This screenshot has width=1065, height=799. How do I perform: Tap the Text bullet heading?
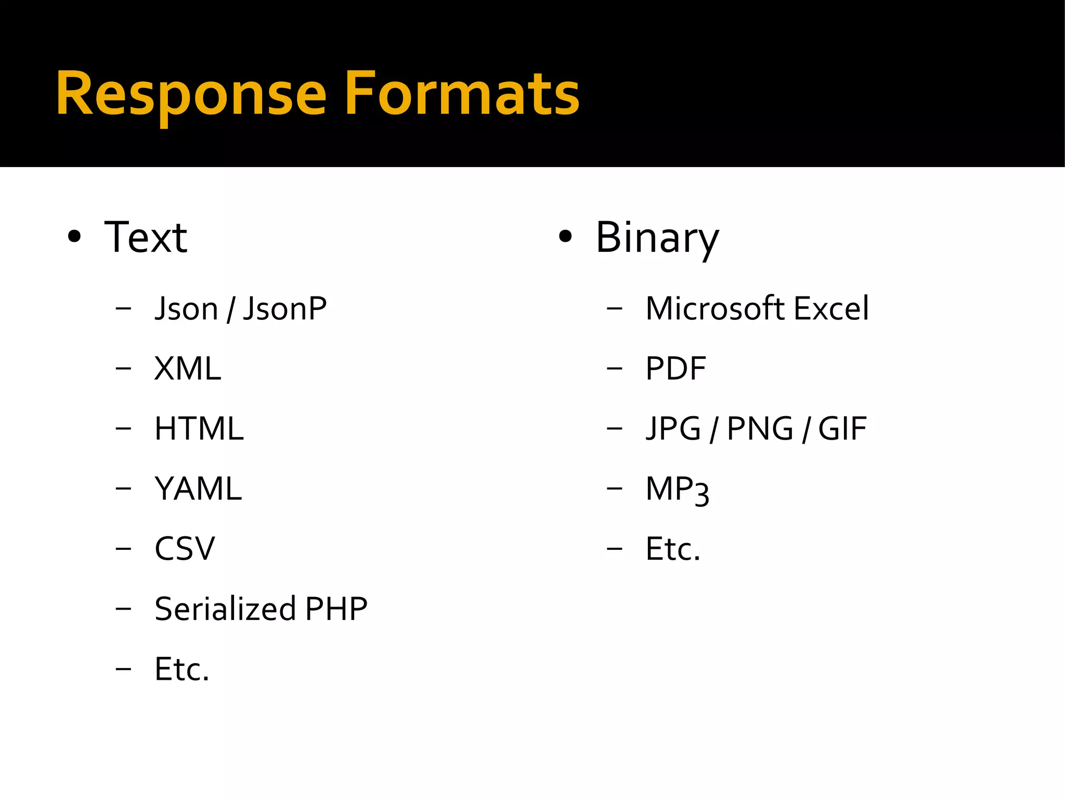point(146,238)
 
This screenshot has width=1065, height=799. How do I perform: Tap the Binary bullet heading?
point(657,238)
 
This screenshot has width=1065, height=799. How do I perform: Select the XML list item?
point(188,369)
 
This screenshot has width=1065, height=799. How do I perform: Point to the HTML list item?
point(199,429)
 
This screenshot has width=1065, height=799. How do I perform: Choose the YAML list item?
point(198,489)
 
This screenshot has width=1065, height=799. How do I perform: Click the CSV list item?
point(185,549)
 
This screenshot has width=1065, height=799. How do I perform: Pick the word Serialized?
point(225,609)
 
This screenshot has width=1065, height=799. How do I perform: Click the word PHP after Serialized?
point(336,609)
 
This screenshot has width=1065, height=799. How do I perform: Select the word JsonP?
point(284,308)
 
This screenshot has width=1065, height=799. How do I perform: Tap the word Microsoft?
point(715,308)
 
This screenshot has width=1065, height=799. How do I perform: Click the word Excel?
point(831,308)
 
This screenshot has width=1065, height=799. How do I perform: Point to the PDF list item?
point(676,369)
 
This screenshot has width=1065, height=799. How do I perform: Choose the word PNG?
point(760,429)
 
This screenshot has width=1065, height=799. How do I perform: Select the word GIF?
point(842,429)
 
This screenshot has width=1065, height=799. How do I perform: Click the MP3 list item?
point(677,490)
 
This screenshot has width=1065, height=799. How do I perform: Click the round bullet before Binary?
point(565,237)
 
